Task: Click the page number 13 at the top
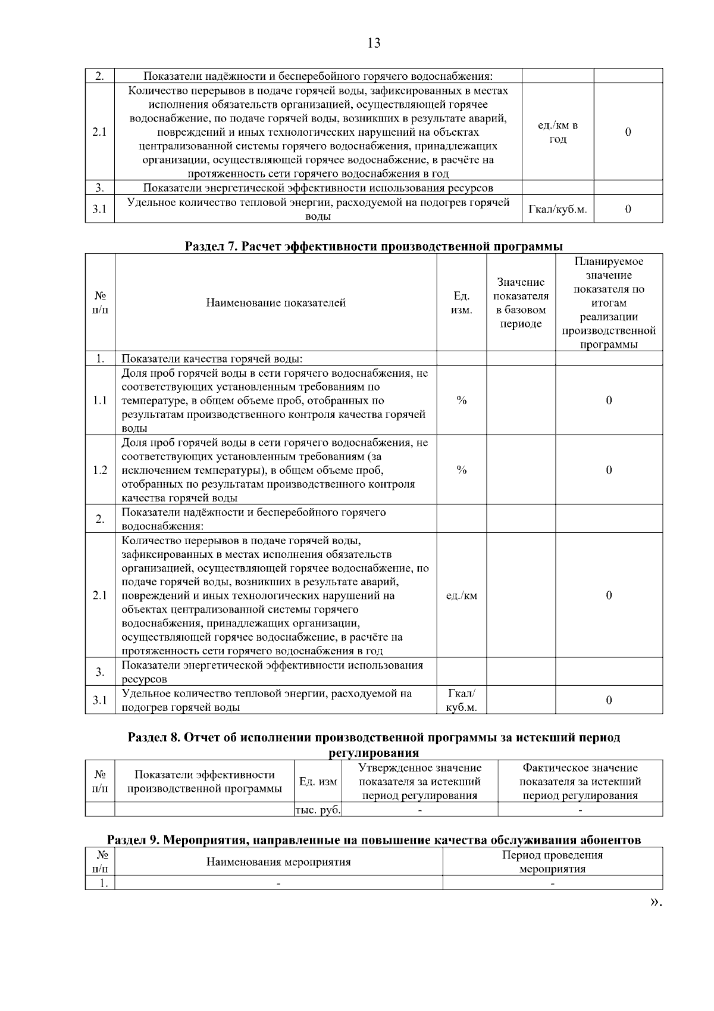374,43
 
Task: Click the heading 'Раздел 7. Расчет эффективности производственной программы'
374,246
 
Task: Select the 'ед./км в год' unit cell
558,132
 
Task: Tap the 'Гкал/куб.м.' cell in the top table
558,210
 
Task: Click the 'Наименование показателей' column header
275,303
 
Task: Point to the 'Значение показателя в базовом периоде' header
521,303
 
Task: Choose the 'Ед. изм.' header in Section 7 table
461,303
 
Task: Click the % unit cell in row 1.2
461,470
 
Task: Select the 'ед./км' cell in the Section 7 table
461,596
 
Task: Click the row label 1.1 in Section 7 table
100,401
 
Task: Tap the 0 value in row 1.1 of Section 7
609,401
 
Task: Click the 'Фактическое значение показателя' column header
580,782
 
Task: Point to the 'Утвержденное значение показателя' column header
419,782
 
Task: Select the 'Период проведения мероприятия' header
552,862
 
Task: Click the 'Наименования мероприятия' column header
278,862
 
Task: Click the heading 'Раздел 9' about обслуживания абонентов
374,840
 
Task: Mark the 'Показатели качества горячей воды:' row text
212,359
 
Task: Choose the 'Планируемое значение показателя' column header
609,303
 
